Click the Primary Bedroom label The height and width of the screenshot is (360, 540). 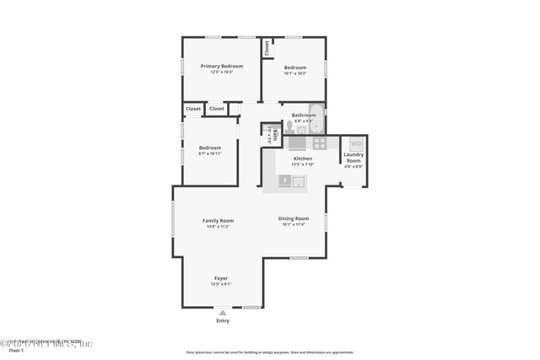tap(221, 66)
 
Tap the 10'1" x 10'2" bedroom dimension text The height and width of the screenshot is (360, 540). tap(294, 73)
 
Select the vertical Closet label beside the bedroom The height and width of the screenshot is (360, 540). tap(267, 48)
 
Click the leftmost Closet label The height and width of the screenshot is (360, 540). tap(193, 109)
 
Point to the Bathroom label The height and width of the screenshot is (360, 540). tap(303, 115)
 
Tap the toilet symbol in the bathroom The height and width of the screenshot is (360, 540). tap(289, 126)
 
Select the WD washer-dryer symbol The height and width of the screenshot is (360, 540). tap(355, 144)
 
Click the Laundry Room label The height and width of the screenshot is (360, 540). tap(353, 158)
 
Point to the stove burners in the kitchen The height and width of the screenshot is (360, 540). tap(319, 142)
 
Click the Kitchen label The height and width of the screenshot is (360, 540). tap(302, 159)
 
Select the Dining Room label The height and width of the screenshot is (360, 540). tap(294, 218)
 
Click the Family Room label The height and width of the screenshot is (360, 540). tap(218, 221)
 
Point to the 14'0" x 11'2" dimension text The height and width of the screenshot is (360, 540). tap(218, 227)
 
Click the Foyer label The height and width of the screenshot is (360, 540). tap(221, 278)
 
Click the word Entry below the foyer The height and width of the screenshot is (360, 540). tap(223, 320)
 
